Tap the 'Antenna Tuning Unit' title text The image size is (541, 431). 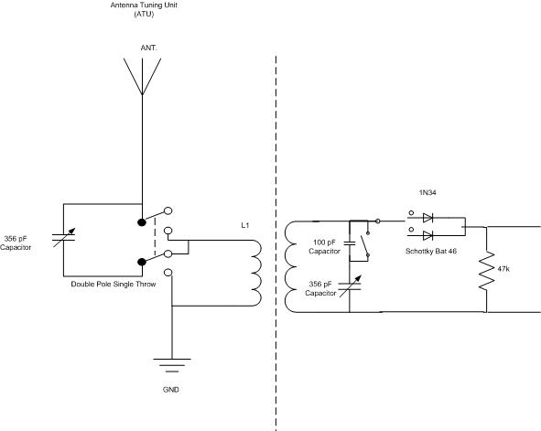point(144,5)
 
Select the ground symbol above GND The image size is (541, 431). point(172,365)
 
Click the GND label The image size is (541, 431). point(171,390)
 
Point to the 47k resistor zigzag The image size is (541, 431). point(486,271)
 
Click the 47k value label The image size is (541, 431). point(503,269)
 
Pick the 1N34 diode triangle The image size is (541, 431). point(427,218)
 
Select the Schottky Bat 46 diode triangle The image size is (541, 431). point(427,236)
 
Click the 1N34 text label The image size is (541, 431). point(427,193)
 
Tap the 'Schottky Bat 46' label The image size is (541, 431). point(431,252)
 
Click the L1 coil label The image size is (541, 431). point(245,225)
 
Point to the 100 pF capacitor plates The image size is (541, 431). point(350,243)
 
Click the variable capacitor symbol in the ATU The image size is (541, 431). point(63,237)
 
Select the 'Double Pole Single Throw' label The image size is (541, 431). point(114,284)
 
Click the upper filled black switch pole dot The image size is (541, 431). point(142,222)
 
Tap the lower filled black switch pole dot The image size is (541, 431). point(142,262)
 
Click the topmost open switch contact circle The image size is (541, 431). point(168,210)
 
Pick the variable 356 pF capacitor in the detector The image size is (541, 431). point(350,286)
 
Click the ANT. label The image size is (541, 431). point(148,48)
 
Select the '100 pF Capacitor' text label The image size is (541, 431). point(324,247)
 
